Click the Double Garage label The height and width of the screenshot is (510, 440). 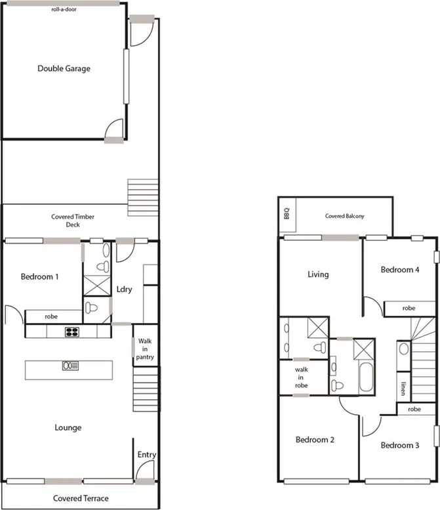tap(64, 68)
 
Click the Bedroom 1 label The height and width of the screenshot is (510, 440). tap(40, 276)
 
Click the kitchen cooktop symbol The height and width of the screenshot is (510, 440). tap(71, 331)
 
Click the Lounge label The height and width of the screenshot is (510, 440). tap(68, 428)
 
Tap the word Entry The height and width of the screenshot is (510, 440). tap(146, 454)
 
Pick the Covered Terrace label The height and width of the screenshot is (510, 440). tap(81, 498)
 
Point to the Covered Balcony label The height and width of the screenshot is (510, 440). tap(345, 216)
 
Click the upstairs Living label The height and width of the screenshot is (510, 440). tap(318, 274)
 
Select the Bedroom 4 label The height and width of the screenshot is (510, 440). tap(400, 270)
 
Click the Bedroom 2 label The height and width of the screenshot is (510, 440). tap(315, 439)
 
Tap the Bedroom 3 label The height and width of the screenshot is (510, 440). tap(400, 445)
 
